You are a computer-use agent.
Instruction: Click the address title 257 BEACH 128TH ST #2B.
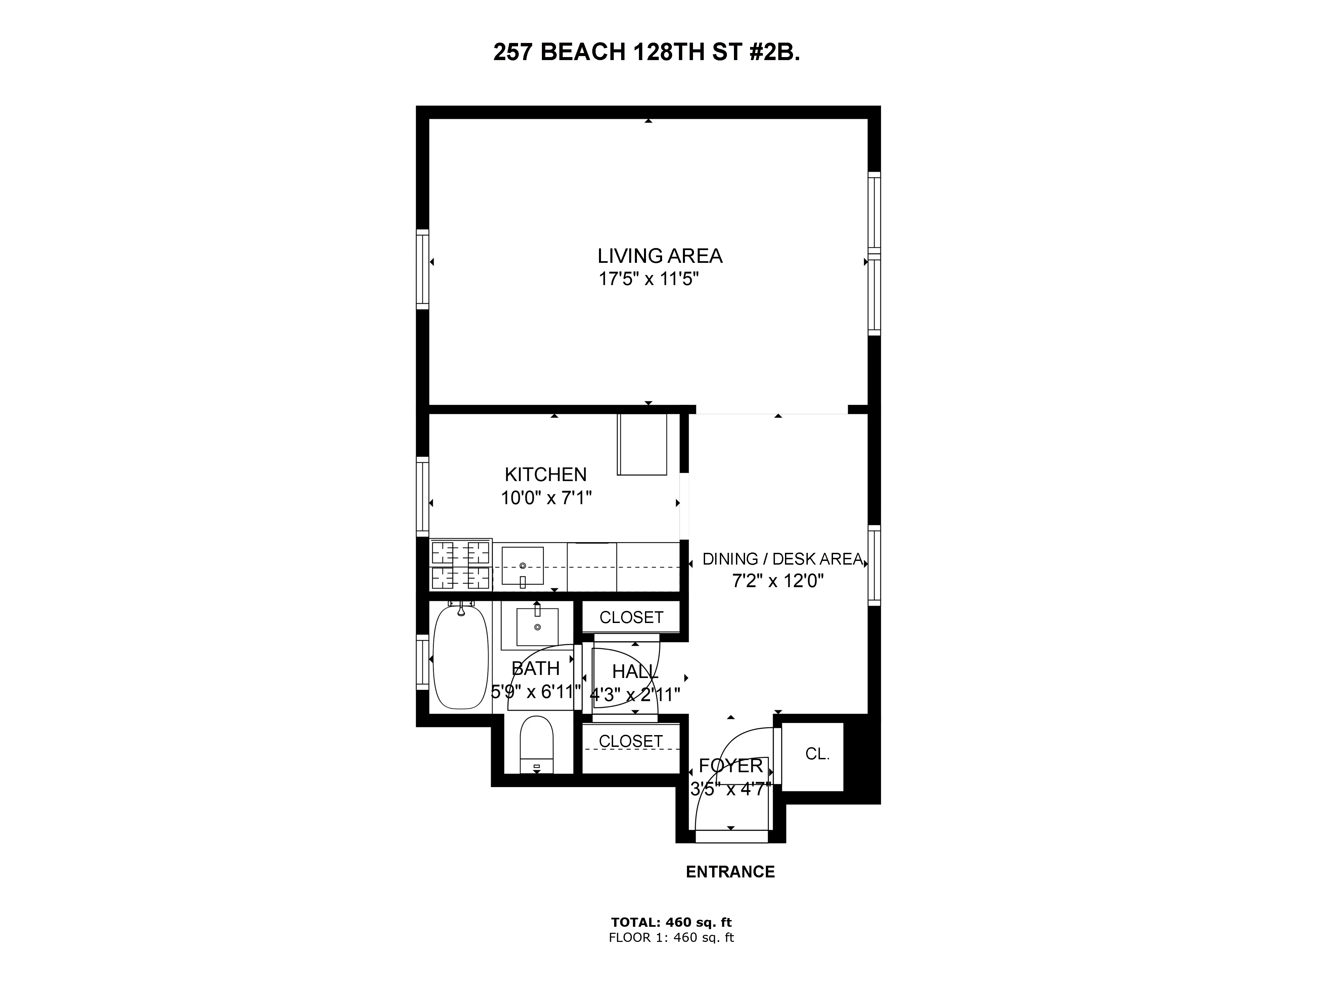[647, 53]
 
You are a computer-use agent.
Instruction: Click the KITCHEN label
[546, 474]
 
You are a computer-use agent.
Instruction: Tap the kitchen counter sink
[522, 566]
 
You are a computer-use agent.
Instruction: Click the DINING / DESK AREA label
[782, 559]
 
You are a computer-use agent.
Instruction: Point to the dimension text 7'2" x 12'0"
[778, 581]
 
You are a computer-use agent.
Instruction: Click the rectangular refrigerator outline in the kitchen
[642, 444]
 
